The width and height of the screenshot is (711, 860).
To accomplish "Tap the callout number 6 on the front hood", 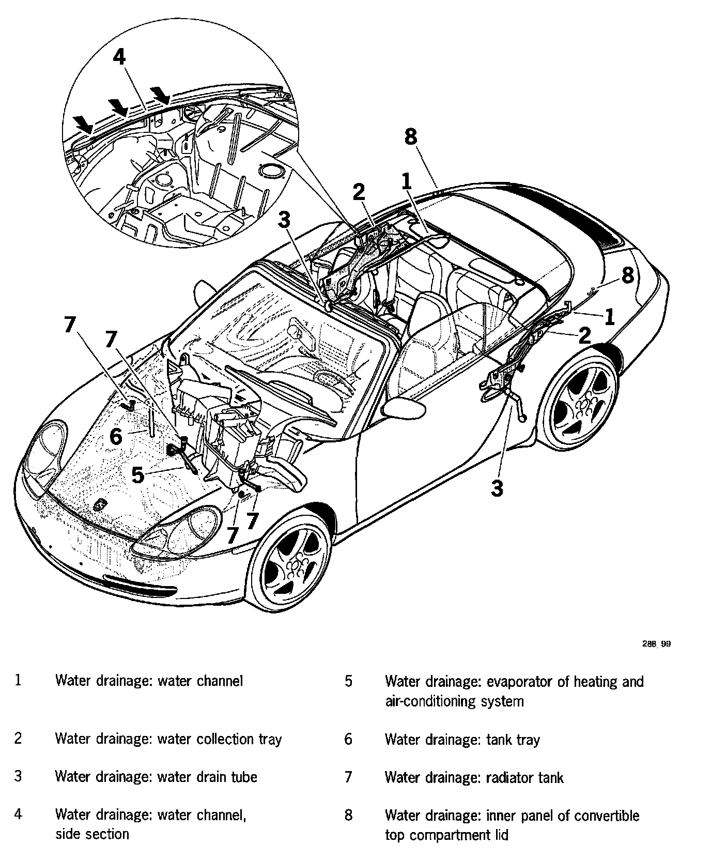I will (116, 437).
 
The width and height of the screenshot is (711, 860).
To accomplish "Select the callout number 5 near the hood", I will (137, 474).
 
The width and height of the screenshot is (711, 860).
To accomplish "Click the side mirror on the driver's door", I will (405, 408).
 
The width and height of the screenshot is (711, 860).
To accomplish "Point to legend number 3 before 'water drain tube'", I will (18, 777).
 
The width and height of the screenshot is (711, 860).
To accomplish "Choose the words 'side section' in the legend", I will (92, 834).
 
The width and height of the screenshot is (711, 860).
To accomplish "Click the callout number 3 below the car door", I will (497, 487).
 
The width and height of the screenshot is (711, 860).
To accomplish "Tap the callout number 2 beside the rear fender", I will (584, 336).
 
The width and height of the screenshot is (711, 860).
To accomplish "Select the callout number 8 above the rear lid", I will (410, 137).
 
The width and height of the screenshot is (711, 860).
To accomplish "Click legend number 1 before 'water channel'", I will (18, 681).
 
